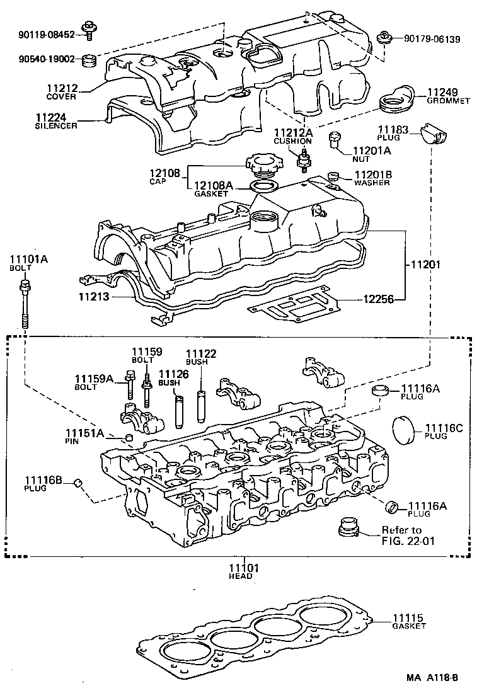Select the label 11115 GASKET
click(x=409, y=621)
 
